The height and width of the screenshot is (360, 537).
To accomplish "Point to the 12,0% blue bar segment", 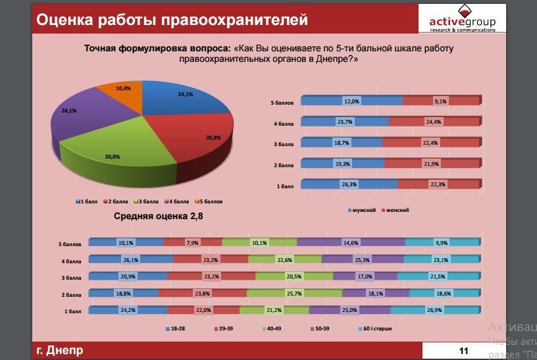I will coord(352,101).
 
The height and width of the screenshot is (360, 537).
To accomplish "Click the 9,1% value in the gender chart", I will coord(441,101).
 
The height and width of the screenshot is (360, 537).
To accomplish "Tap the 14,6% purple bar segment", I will coord(350,243).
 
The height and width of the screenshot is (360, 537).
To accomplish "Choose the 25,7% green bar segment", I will coord(294,293).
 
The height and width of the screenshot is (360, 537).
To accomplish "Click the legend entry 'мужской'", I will coord(361,210).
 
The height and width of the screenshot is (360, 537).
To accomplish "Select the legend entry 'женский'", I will coord(396,210).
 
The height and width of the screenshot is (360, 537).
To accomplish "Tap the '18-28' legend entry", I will coord(177,328).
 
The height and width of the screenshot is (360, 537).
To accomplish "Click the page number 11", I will coord(463,351).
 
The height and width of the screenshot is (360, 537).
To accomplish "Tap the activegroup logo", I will coord(462,19).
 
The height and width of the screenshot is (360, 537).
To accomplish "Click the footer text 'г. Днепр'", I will coord(60,350).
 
